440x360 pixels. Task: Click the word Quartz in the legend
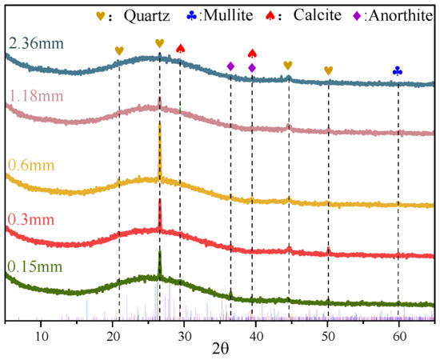146,16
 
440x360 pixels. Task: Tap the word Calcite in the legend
318,15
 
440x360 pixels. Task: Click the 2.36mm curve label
37,44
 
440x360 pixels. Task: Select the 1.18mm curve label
37,96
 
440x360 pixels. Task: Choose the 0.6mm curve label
31,165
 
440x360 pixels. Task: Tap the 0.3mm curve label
31,219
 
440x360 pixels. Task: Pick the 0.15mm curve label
34,266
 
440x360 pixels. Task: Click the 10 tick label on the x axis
42,337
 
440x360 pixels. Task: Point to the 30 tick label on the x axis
184,337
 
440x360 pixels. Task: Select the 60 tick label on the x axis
398,337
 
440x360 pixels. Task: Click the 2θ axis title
220,350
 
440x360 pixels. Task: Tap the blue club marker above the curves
398,71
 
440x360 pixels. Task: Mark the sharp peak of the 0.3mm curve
160,200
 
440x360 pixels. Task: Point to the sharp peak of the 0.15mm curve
160,251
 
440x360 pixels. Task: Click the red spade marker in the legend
270,16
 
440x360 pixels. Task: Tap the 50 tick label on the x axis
327,337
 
